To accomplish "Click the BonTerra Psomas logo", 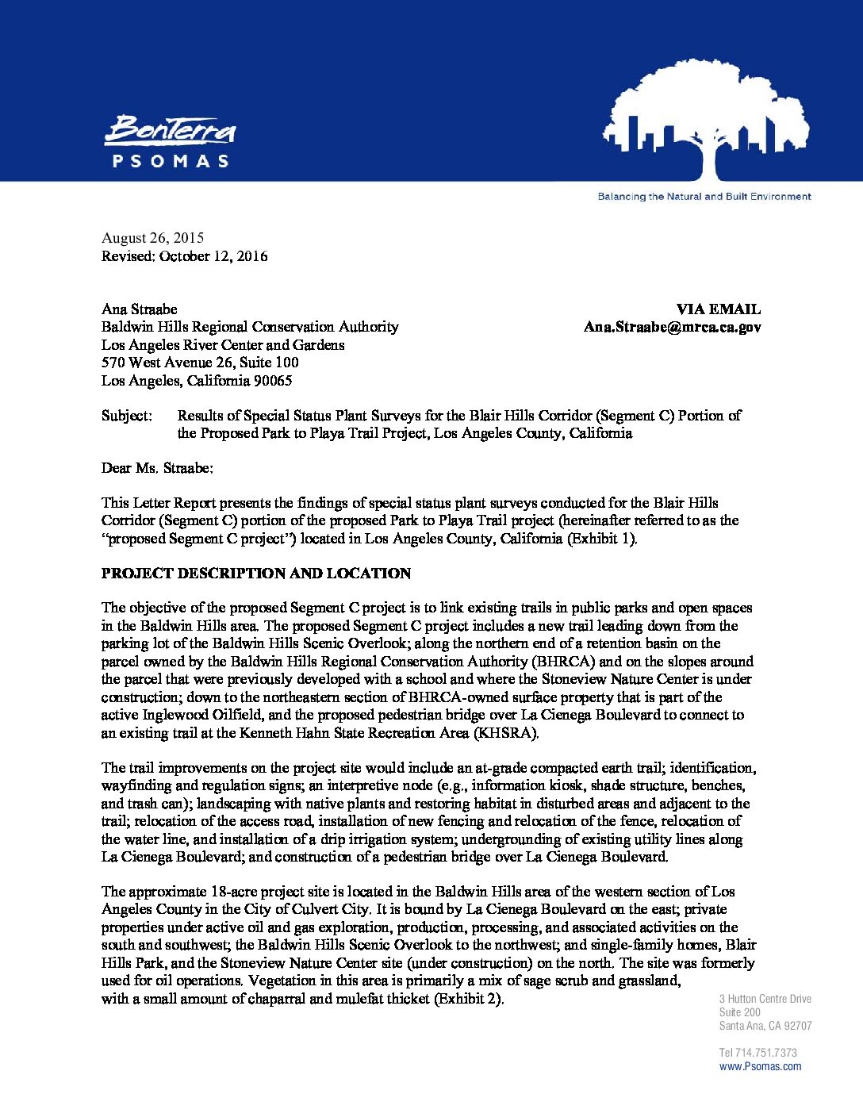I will tap(170, 141).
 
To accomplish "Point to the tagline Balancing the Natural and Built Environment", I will tap(704, 197).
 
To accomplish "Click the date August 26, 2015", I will tap(152, 238).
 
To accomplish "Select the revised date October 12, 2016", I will tap(213, 256).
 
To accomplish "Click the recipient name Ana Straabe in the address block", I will tap(139, 309).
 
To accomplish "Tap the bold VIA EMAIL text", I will tap(718, 309).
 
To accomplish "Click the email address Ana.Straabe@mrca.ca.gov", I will tap(672, 327).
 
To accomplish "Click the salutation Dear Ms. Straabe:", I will tap(157, 468).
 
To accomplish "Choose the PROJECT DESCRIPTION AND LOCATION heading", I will tap(256, 574).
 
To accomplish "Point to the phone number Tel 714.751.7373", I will tap(758, 1053).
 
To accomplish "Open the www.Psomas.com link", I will tap(760, 1066).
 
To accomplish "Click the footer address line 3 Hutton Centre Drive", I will tap(765, 999).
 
